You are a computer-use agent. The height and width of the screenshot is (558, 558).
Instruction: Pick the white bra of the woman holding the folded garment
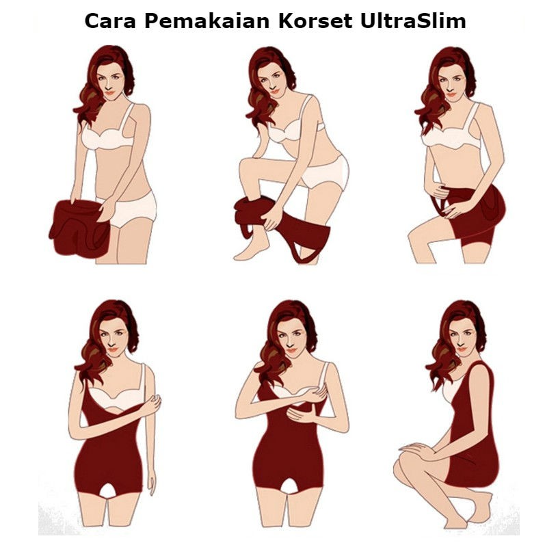(x=109, y=137)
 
